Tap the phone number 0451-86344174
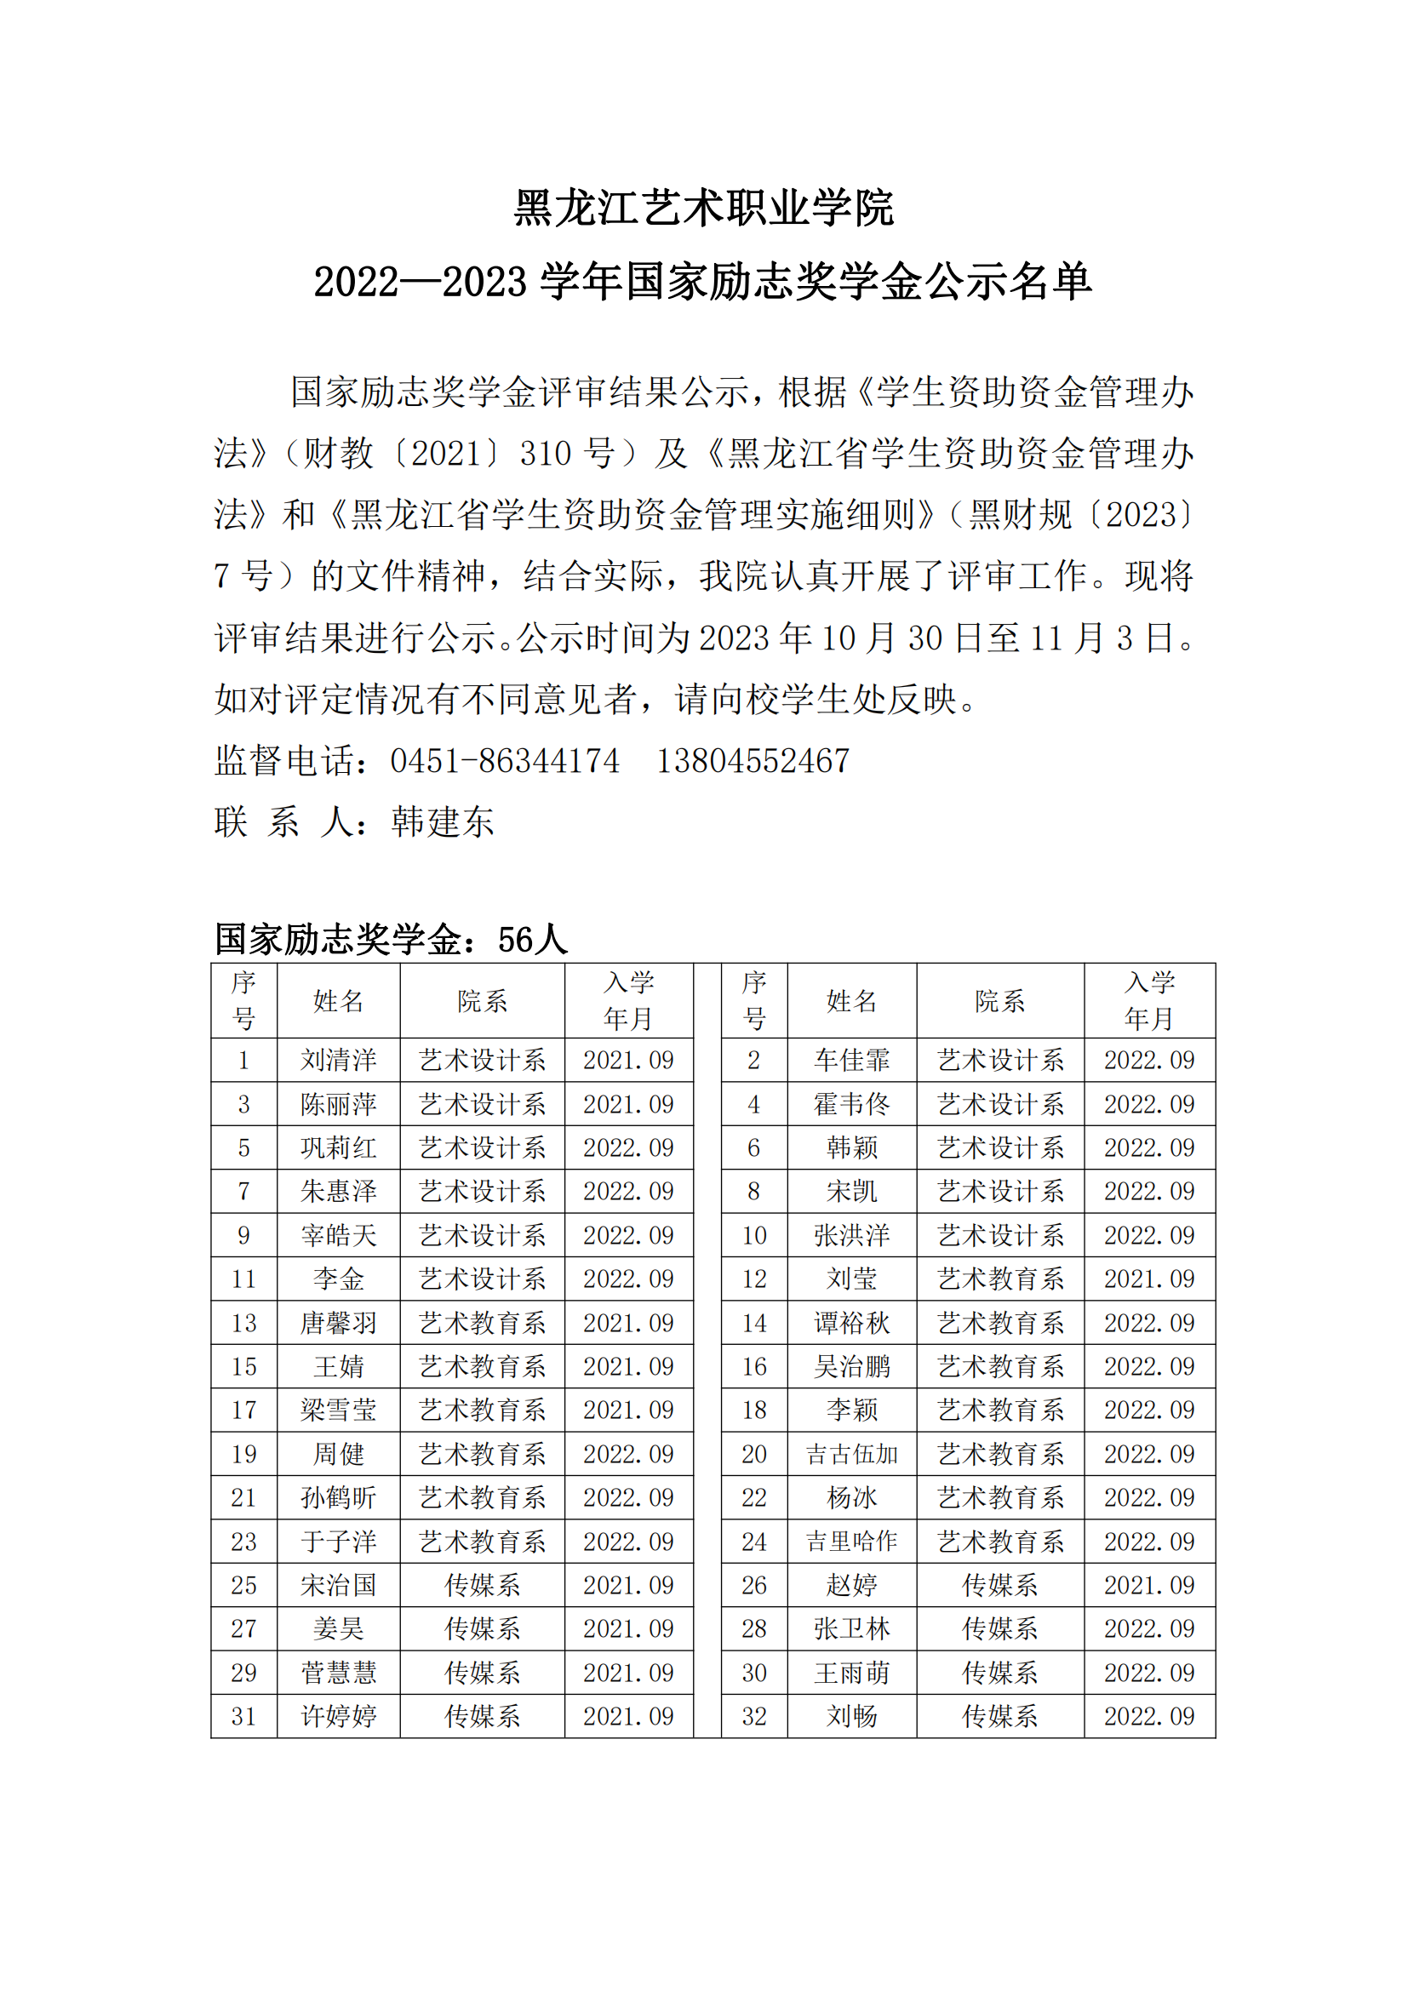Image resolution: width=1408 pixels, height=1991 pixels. pos(505,761)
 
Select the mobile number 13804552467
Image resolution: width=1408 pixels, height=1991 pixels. pos(753,761)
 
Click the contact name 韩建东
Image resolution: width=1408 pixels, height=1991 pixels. pos(442,822)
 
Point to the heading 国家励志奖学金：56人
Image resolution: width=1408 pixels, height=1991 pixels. pos(391,939)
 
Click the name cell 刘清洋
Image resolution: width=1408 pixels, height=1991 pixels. pos(338,1060)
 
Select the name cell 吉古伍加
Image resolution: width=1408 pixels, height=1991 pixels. pos(851,1454)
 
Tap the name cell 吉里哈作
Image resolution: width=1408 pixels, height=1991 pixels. pos(851,1542)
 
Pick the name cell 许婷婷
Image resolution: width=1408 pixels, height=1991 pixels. pos(338,1716)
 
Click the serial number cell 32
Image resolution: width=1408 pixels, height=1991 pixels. pos(753,1716)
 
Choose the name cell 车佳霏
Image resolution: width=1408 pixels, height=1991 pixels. pos(851,1060)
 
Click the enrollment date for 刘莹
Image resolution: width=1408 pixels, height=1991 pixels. pos(1148,1279)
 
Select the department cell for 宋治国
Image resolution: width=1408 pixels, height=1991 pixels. pos(482,1585)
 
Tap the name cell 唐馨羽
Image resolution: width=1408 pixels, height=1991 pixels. pos(338,1324)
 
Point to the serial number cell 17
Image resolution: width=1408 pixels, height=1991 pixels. pos(243,1410)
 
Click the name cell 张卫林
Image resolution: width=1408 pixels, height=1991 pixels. pos(851,1628)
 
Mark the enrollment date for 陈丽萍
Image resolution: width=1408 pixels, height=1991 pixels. pos(627,1104)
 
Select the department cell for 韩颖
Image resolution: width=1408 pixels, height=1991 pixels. pos(999,1147)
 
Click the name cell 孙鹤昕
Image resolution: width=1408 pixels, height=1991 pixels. pos(338,1497)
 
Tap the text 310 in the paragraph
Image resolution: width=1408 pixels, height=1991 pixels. pos(546,454)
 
